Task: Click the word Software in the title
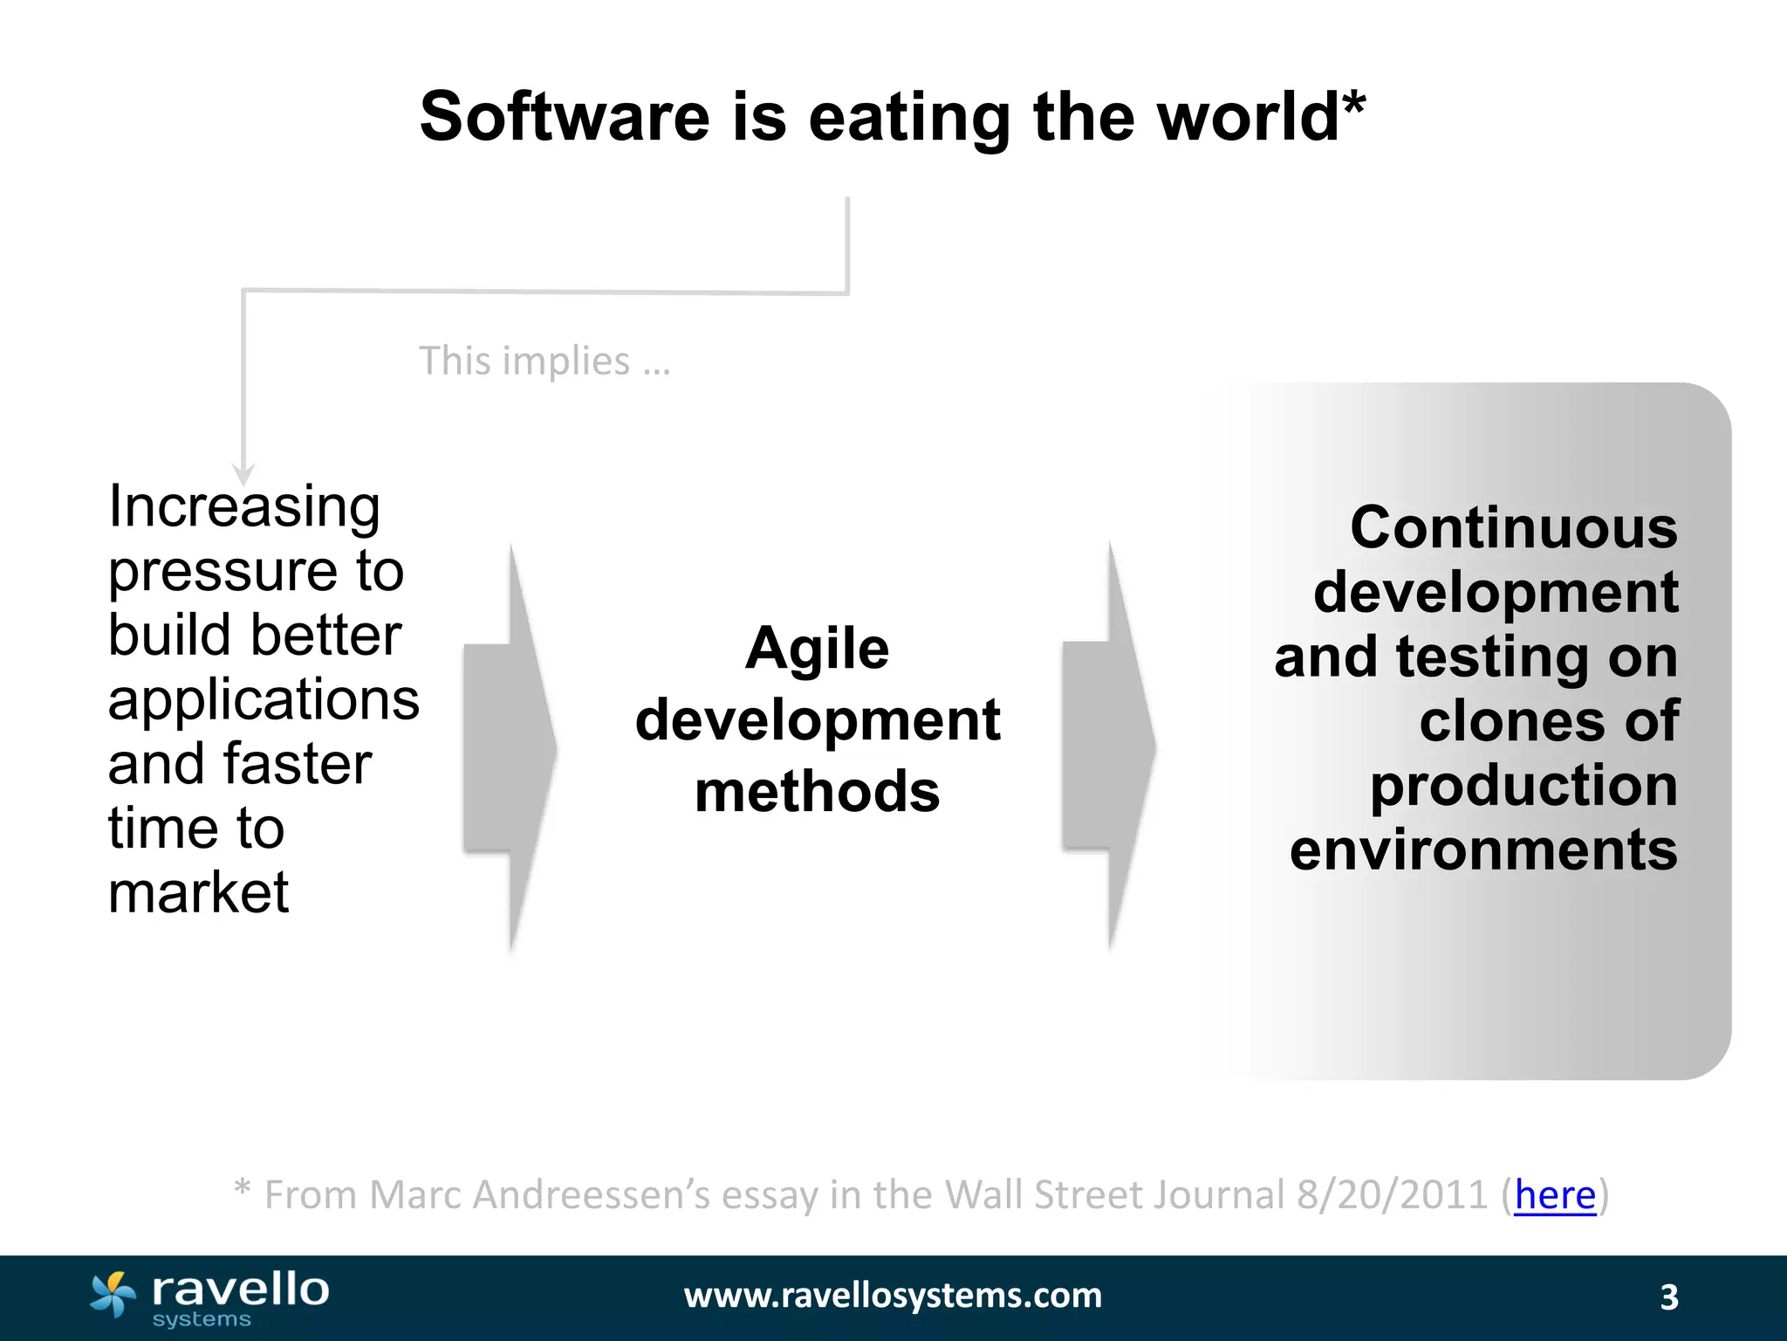pos(565,117)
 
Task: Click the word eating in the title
pos(909,119)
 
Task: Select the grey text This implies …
pos(544,361)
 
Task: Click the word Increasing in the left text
pos(244,507)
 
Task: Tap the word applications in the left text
pos(264,700)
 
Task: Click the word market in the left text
pos(198,893)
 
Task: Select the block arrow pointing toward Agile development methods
pos(510,747)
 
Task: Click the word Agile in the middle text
pos(817,649)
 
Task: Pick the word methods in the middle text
pos(817,792)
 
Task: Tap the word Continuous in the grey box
pos(1513,528)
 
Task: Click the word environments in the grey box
pos(1483,850)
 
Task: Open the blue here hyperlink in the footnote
pos(1555,1195)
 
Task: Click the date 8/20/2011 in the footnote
pos(1392,1195)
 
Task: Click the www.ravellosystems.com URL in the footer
pos(893,1296)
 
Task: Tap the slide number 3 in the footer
pos(1668,1297)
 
